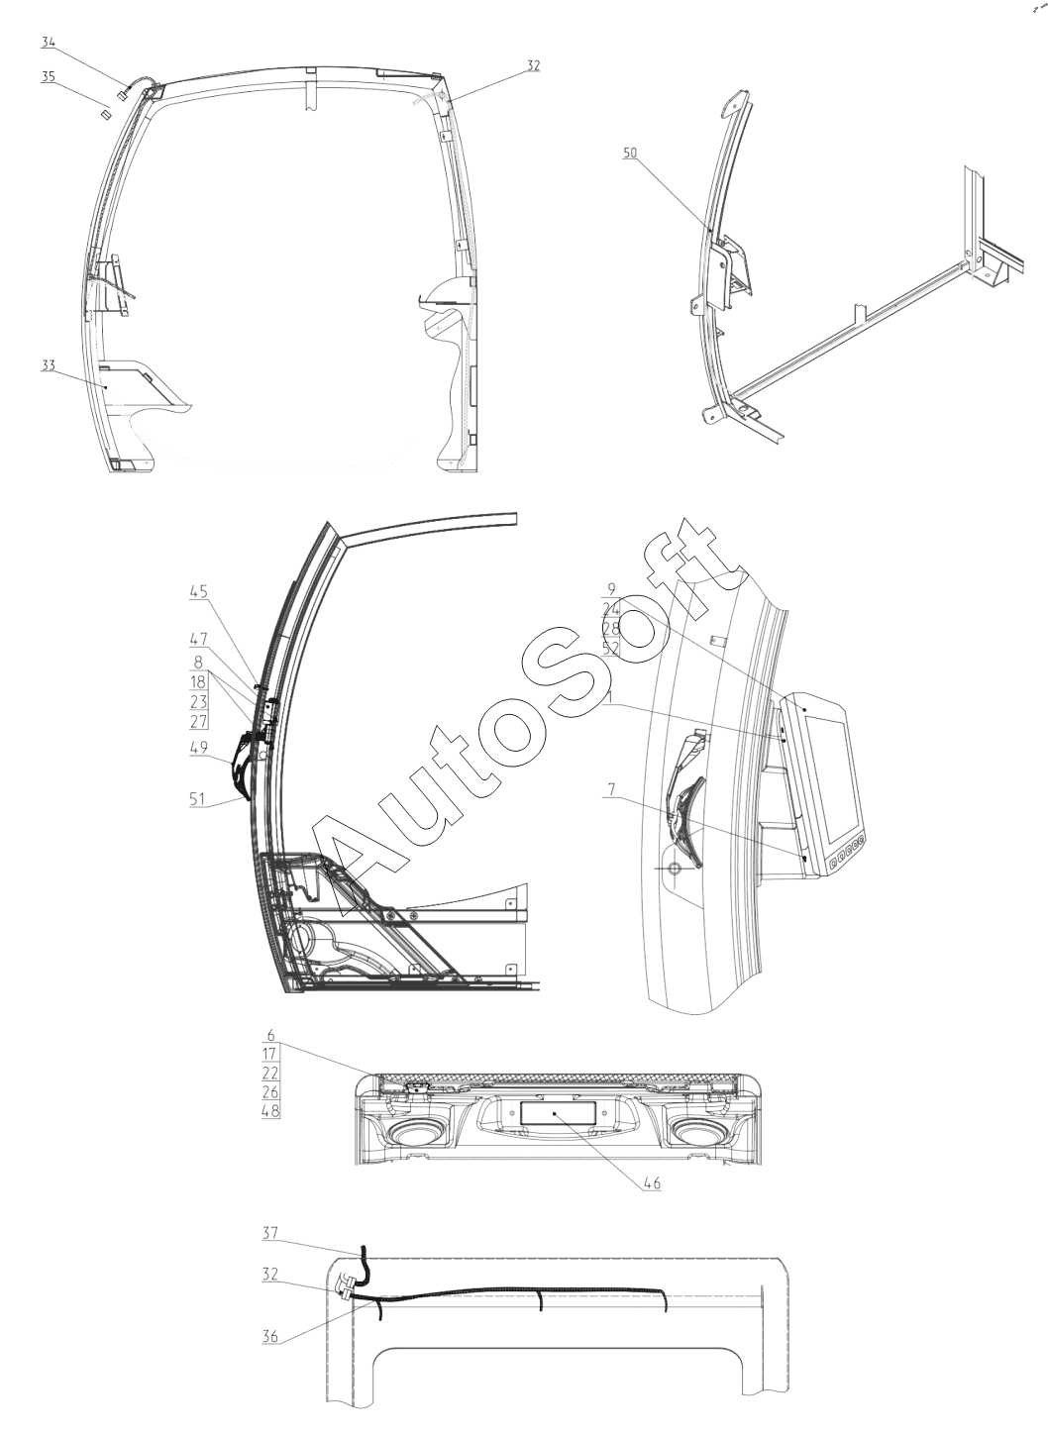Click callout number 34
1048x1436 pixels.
[x=49, y=42]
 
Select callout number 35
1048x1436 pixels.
[x=49, y=75]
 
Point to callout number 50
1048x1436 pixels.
[x=631, y=153]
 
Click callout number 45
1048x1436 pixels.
[x=198, y=592]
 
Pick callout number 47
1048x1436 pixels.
[x=198, y=640]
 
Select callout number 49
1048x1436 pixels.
[x=198, y=749]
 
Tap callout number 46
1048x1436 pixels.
[x=650, y=1182]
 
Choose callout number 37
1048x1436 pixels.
[x=270, y=1233]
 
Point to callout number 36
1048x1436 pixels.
[x=270, y=1336]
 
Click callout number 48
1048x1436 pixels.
[x=270, y=1110]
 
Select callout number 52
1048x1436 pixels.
[x=611, y=649]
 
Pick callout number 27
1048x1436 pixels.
[x=198, y=720]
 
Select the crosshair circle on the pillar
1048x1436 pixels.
[x=675, y=868]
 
